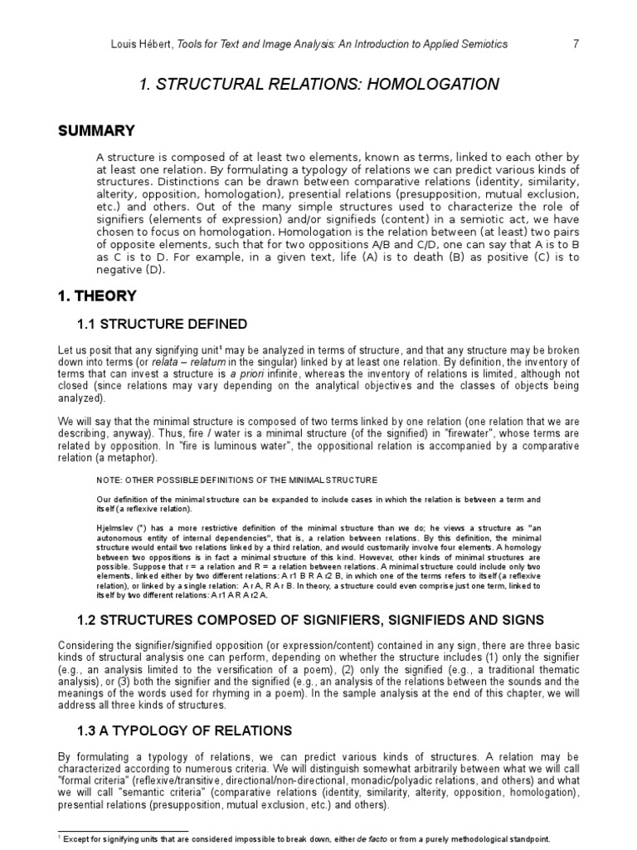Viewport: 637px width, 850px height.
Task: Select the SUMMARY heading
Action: [x=96, y=131]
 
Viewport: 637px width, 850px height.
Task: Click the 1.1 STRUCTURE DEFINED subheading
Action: [x=163, y=323]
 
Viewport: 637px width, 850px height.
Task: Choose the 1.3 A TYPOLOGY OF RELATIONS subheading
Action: [x=184, y=730]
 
